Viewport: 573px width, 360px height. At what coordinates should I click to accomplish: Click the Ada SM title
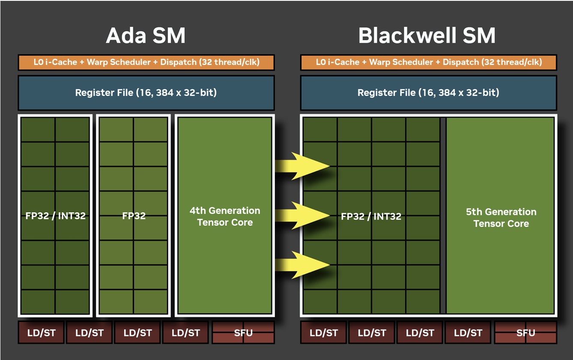[x=146, y=36]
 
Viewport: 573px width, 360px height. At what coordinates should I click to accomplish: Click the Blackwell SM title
[x=427, y=36]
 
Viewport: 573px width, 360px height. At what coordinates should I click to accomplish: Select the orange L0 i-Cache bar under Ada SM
[x=146, y=62]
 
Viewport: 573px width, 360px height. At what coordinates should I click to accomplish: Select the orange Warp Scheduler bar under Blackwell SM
[x=429, y=62]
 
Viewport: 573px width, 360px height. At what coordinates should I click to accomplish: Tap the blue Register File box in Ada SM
[x=146, y=93]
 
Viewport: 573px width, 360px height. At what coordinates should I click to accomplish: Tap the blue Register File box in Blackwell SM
[x=429, y=93]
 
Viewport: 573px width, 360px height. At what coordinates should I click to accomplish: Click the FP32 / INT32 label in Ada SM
[x=56, y=216]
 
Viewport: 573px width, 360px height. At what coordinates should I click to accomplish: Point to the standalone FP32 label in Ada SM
[x=134, y=216]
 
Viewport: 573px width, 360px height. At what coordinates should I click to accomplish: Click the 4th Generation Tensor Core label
[x=225, y=217]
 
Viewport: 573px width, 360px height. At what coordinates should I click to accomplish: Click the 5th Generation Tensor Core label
[x=501, y=218]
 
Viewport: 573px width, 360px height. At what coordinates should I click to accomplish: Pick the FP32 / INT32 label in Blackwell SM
[x=371, y=217]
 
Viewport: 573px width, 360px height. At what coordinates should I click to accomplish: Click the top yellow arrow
[x=302, y=166]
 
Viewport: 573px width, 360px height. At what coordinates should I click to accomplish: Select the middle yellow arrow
[x=302, y=215]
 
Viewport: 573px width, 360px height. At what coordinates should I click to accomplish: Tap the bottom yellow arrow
[x=302, y=265]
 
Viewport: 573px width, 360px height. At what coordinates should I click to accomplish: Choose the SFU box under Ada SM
[x=243, y=333]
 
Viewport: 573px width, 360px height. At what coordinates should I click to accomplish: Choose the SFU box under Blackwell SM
[x=525, y=333]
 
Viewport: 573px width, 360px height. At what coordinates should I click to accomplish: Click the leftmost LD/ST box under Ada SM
[x=41, y=333]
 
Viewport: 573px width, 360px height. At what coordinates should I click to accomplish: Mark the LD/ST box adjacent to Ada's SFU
[x=186, y=333]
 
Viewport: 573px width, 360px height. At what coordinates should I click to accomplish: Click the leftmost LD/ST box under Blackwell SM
[x=324, y=333]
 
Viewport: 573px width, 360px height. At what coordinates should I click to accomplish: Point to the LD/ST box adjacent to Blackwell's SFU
[x=468, y=333]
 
